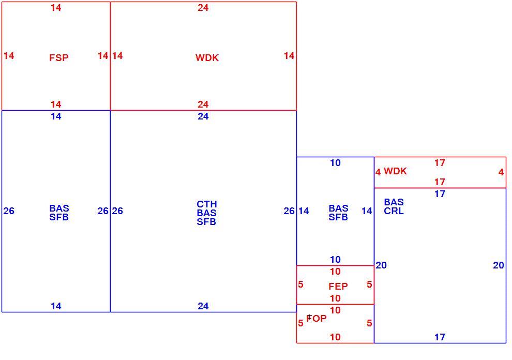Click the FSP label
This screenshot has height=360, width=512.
[x=59, y=58]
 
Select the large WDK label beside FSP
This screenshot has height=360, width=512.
[x=207, y=58]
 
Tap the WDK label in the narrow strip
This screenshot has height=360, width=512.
[x=395, y=171]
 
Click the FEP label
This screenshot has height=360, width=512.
[x=338, y=287]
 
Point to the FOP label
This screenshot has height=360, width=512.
[x=317, y=318]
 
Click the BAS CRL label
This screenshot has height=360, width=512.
[x=394, y=206]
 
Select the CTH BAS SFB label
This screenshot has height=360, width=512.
[x=207, y=213]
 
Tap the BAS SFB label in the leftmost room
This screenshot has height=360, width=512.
[x=59, y=213]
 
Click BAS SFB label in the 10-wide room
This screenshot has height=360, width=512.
[x=338, y=213]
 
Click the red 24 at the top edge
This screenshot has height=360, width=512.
[x=203, y=8]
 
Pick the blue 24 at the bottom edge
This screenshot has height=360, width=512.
[x=203, y=306]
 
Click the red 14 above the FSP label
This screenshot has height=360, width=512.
[x=56, y=8]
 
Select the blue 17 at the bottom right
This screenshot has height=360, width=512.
[x=440, y=337]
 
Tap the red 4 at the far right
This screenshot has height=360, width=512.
[x=501, y=172]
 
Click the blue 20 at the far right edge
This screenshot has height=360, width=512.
[x=499, y=265]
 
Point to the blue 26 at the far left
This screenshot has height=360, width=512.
[x=9, y=211]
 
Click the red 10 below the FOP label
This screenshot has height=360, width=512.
[x=335, y=337]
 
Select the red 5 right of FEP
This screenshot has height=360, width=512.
[x=369, y=284]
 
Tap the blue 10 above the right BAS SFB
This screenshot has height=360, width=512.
[x=335, y=163]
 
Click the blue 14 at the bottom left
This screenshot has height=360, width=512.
[x=56, y=306]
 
